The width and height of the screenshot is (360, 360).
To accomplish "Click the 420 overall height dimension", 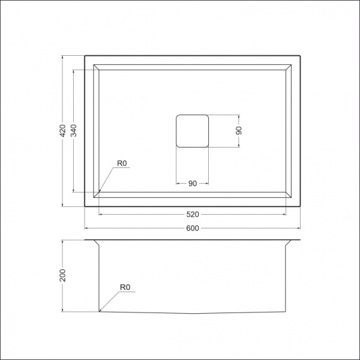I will pyautogui.click(x=62, y=131).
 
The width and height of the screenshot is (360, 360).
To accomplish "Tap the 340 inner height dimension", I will pyautogui.click(x=73, y=131).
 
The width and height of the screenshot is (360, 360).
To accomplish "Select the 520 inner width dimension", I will pyautogui.click(x=192, y=214).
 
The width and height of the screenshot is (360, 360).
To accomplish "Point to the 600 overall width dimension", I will pyautogui.click(x=192, y=229).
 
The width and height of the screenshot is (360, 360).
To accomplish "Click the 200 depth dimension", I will pyautogui.click(x=62, y=276).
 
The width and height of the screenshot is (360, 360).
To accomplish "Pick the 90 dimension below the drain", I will pyautogui.click(x=192, y=184).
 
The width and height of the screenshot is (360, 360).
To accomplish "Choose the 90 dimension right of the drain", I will pyautogui.click(x=238, y=130).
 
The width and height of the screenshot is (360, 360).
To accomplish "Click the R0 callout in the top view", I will pyautogui.click(x=122, y=163).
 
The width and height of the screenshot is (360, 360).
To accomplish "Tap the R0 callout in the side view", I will pyautogui.click(x=125, y=287).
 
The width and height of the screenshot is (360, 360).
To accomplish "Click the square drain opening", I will pyautogui.click(x=192, y=130).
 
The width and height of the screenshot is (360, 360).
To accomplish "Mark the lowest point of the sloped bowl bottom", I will pyautogui.click(x=192, y=314).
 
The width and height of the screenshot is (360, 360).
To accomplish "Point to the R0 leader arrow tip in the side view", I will pyautogui.click(x=100, y=311).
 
